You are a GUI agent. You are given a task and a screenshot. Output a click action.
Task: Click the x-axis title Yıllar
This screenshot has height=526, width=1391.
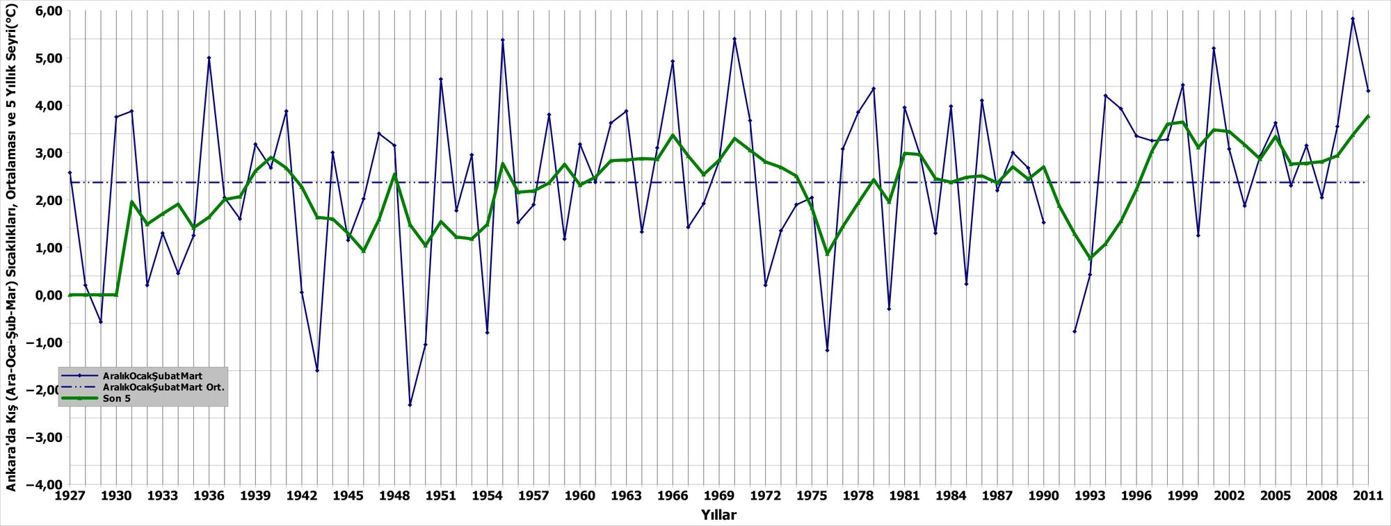point(718,515)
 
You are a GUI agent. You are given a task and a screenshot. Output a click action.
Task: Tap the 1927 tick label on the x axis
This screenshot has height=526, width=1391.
point(70,496)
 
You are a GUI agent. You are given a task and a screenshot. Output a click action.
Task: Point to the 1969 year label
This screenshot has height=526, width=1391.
point(719,496)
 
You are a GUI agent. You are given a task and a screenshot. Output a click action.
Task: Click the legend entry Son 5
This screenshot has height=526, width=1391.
point(116,399)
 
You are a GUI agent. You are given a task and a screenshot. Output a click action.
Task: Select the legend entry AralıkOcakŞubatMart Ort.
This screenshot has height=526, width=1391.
point(163,387)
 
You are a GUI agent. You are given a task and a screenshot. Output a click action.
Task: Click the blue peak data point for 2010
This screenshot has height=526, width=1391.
point(1353,19)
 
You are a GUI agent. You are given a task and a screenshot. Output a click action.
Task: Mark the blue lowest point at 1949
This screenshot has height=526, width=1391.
point(410,405)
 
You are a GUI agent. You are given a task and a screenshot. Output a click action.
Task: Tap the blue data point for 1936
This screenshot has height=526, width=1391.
point(209,58)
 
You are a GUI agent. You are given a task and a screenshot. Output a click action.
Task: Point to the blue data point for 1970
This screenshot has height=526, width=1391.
point(734,39)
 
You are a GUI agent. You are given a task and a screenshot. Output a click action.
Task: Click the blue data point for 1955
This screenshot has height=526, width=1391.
point(502,40)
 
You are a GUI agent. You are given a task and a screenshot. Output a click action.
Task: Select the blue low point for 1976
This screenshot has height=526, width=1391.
point(827,350)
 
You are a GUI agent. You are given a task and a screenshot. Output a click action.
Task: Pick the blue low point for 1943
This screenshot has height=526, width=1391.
point(317,370)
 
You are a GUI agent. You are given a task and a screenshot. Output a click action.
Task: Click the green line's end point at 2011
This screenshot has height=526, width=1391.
point(1368,117)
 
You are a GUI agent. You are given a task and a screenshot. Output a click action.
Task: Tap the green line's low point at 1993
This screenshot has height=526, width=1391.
point(1090,258)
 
